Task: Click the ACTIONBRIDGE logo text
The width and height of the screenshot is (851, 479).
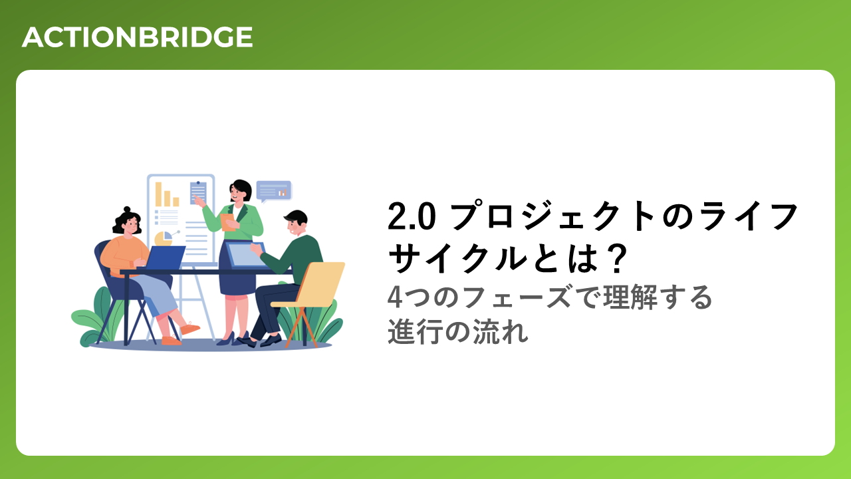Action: [x=137, y=37]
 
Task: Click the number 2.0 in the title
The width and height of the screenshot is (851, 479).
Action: [x=412, y=216]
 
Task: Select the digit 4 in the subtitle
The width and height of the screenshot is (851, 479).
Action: [x=395, y=297]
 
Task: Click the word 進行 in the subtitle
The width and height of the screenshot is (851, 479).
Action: [x=414, y=332]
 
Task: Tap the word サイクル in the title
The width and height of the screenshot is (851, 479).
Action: [x=457, y=259]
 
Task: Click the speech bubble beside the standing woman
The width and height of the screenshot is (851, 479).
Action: [x=273, y=191]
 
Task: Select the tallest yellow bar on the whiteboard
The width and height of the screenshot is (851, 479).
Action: [x=158, y=194]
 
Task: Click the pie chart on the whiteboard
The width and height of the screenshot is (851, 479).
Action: [x=164, y=238]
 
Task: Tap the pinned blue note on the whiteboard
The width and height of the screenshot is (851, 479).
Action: [x=198, y=193]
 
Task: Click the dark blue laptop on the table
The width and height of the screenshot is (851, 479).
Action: [x=165, y=257]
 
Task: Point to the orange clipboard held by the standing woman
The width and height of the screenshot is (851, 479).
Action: [x=227, y=222]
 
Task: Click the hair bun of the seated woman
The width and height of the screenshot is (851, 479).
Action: [x=127, y=210]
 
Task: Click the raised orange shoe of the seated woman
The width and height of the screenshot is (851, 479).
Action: [x=189, y=328]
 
